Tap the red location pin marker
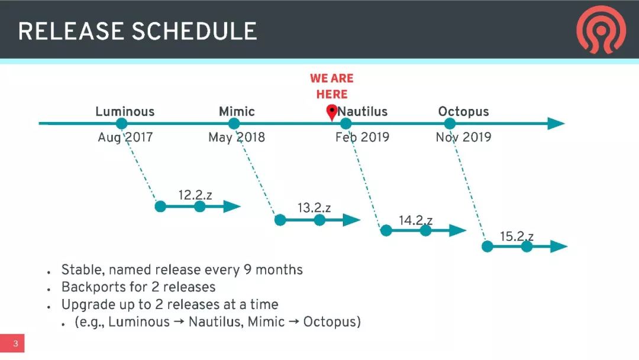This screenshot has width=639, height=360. (332, 112)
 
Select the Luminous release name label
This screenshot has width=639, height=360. (125, 111)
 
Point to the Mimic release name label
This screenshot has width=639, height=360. (237, 111)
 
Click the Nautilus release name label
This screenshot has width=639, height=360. (363, 111)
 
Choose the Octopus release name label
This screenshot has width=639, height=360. (463, 112)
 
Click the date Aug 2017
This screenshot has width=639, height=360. (125, 137)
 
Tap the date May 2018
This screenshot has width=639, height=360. (236, 137)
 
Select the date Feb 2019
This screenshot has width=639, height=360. (362, 137)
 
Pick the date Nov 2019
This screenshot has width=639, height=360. (463, 137)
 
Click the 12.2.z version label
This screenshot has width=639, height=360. (195, 195)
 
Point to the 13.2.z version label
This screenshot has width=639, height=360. (314, 208)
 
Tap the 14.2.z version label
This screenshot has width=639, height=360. (415, 221)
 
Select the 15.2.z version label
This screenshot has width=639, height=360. (517, 236)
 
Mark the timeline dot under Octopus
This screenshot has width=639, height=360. (450, 124)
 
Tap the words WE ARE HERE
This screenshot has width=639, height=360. (332, 86)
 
